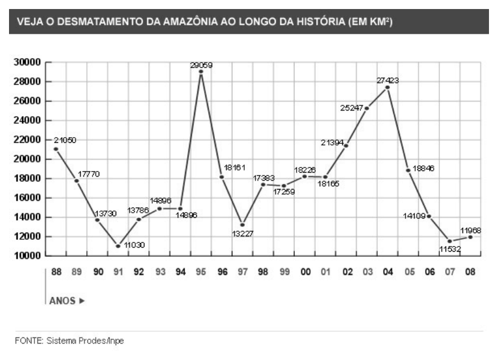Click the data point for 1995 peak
tap(201, 72)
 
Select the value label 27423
tap(387, 81)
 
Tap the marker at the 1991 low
tap(118, 246)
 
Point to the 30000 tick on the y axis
tap(27, 62)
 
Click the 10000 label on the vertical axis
tap(27, 256)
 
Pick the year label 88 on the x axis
tap(56, 272)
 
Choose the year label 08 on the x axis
tap(470, 272)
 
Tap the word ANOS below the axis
tap(62, 301)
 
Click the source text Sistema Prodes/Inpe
tap(85, 341)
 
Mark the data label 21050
tap(65, 140)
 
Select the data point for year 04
tap(387, 87)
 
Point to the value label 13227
tap(243, 234)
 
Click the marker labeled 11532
tap(449, 241)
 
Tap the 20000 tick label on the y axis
tap(27, 159)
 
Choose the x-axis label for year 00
tap(305, 272)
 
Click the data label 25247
tap(351, 108)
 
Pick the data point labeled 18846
tap(408, 170)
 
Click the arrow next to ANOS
tap(82, 301)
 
